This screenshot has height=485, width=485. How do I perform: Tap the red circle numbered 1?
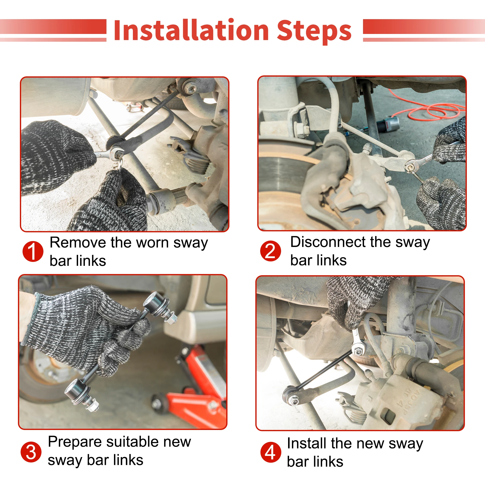pos(33,251)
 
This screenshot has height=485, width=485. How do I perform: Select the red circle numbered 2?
pos(270,251)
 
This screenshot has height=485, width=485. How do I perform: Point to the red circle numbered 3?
pos(31,452)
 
